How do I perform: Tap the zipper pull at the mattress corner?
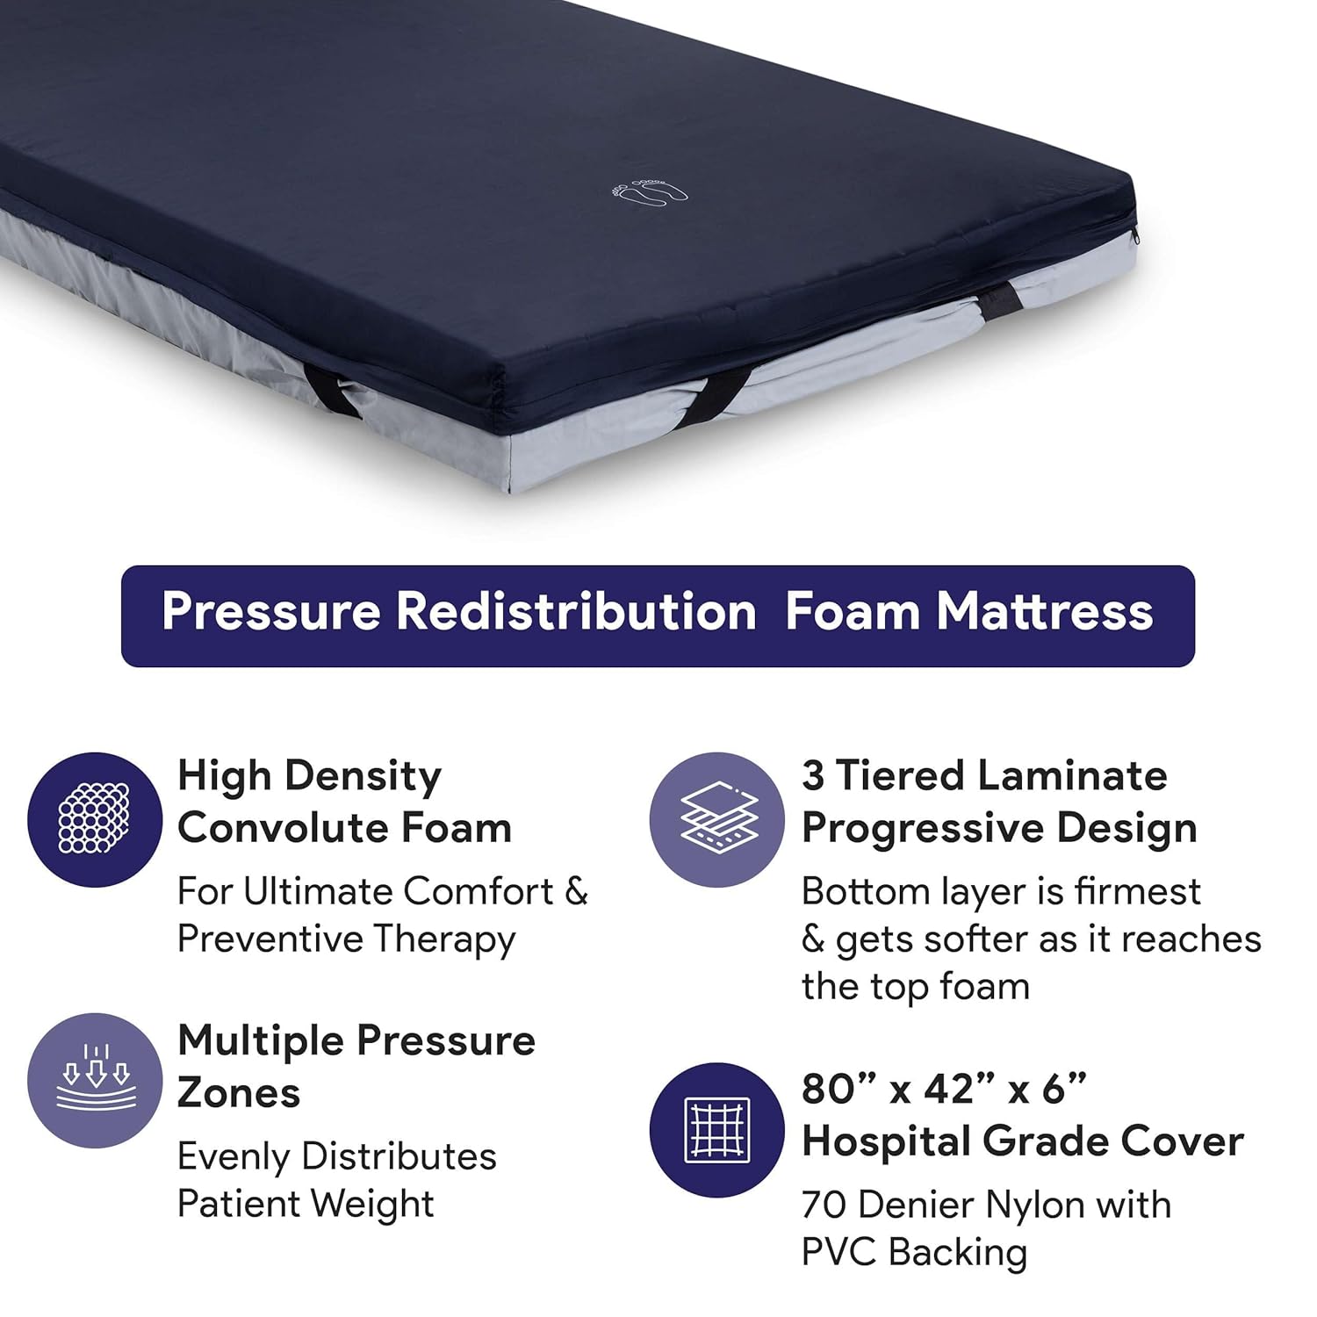tap(1136, 235)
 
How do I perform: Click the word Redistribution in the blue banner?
tap(576, 611)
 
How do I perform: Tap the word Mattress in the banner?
tap(1044, 611)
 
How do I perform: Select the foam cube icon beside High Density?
tap(95, 819)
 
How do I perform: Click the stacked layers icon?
tap(717, 819)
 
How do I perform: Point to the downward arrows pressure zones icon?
tap(95, 1080)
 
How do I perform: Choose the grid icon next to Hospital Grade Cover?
tap(717, 1130)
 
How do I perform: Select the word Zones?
tap(239, 1093)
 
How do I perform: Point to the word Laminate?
tap(1071, 776)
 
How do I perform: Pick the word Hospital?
tap(886, 1141)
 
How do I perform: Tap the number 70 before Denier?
tap(824, 1205)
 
